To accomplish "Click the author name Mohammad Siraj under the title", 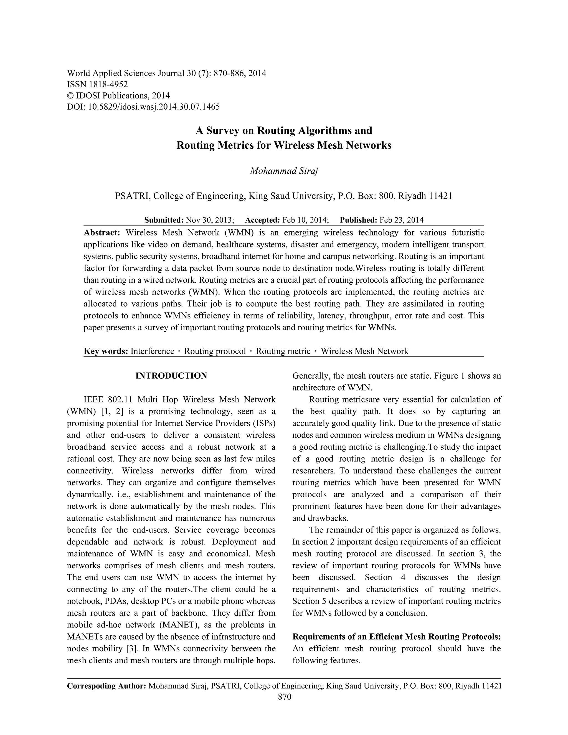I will click(284, 171).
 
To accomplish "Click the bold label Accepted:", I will click(262, 220).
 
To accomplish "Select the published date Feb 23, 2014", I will click(401, 220).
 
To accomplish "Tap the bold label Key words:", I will click(106, 351).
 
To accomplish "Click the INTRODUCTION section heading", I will click(171, 376).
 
